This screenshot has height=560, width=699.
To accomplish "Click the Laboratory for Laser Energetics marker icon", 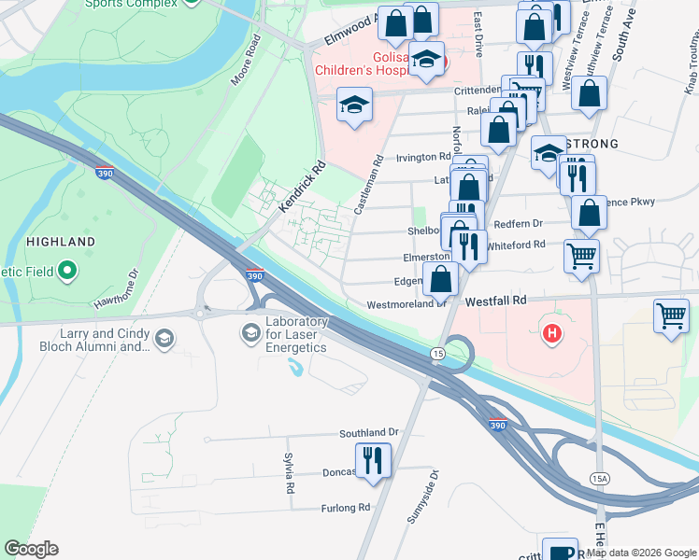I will point(250,332).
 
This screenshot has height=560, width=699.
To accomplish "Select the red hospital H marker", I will point(552,331).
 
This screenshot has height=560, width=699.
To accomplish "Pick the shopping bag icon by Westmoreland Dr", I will point(441,278).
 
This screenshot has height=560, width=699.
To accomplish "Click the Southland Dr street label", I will point(368,433).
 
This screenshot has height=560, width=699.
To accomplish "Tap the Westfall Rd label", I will point(496,301).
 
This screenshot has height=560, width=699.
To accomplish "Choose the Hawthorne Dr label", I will point(115,288).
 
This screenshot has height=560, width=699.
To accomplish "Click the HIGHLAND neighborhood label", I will point(61,242).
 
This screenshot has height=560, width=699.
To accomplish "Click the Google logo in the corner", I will point(31,549).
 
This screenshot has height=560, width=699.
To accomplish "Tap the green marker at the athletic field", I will point(66,273).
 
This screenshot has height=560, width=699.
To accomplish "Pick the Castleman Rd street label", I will point(365,186).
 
